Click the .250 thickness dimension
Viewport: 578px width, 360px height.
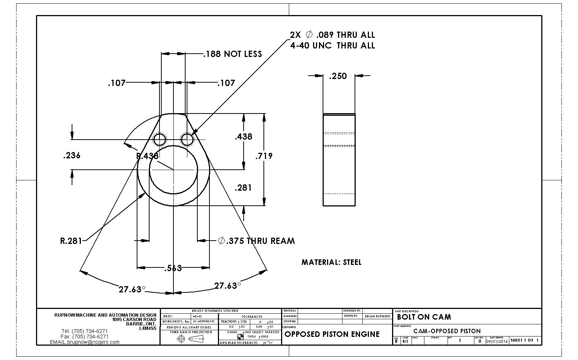pos(338,76)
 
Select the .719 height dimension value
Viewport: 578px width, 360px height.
pos(264,156)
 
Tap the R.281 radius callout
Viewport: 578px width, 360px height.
pos(71,241)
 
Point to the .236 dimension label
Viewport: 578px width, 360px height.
pos(72,155)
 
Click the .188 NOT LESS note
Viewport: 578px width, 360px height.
pos(233,54)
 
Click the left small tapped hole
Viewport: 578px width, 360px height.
pos(160,140)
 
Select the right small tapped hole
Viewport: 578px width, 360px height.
pos(187,140)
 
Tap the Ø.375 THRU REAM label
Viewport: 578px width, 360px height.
pos(256,241)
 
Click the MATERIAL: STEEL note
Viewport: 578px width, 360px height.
pos(331,262)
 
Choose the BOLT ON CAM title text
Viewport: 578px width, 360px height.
pos(424,317)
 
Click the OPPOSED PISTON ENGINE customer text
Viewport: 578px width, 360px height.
pos(332,334)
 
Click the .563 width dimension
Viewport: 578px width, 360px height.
pos(173,268)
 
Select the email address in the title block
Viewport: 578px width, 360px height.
pos(85,342)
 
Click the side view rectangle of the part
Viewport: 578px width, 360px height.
pos(339,160)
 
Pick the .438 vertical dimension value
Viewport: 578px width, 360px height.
pos(243,137)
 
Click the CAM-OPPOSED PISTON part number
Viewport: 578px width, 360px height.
pos(447,331)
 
